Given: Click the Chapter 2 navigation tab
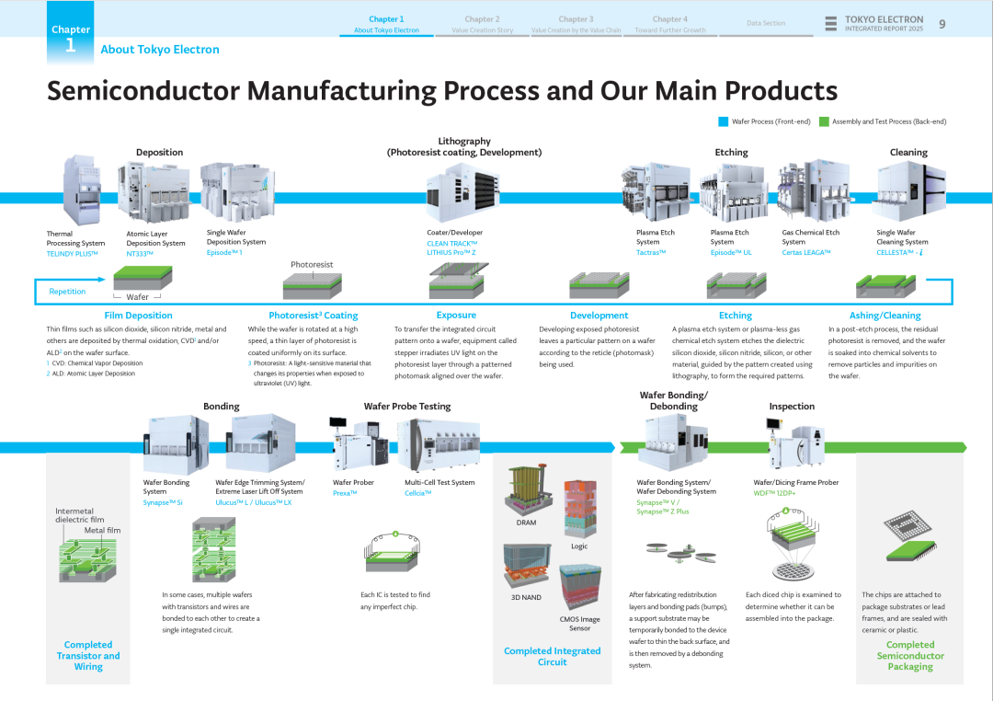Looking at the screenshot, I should (482, 19).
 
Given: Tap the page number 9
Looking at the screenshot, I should (942, 24).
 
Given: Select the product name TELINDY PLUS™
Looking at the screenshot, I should (73, 253).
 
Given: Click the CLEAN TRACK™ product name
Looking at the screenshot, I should (451, 243).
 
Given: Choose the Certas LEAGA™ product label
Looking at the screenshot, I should (806, 253).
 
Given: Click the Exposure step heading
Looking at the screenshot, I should (456, 316).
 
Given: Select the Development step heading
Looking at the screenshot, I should (599, 316).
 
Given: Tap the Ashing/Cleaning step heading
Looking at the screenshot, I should (885, 316).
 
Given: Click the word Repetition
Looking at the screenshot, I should (67, 292).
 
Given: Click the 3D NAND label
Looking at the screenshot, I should (526, 597).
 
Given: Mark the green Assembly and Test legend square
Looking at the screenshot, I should (824, 121).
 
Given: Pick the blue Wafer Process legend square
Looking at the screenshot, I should (723, 121).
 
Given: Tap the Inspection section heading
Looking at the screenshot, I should (792, 407).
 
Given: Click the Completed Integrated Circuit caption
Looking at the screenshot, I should (552, 656).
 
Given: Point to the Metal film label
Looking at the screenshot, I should (102, 530).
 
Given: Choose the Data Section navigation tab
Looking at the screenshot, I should (766, 23).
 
